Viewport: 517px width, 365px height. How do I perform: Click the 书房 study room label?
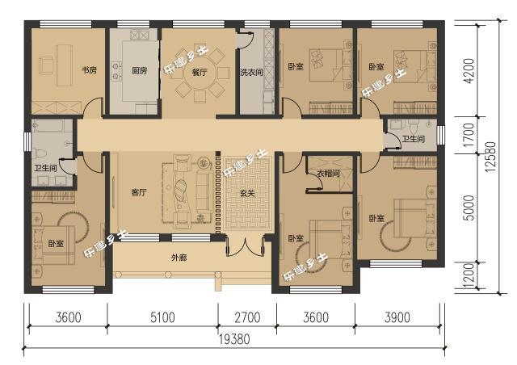pos(89,70)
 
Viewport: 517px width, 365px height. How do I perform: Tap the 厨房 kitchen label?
pos(139,70)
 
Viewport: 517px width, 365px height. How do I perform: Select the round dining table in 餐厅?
pos(200,73)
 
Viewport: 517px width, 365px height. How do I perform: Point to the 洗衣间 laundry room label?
pos(251,72)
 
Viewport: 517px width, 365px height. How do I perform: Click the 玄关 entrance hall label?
pos(247,194)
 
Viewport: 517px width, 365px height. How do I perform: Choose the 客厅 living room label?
pos(138,192)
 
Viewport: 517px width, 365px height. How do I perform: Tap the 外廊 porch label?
pos(179,258)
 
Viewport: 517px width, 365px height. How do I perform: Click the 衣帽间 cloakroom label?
pos(329,174)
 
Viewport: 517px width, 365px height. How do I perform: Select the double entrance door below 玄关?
pos(246,246)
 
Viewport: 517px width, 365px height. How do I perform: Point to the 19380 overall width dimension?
pos(235,339)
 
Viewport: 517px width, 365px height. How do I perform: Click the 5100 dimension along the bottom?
pos(162,317)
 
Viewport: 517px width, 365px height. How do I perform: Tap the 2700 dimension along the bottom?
pos(247,317)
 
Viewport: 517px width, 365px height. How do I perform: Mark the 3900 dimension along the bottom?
pos(397,317)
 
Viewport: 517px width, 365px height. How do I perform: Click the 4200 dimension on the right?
pos(469,70)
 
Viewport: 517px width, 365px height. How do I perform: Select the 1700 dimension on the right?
pos(469,135)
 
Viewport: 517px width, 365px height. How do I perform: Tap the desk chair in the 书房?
pos(46,65)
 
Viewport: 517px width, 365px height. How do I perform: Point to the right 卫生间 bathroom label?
pos(413,139)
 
